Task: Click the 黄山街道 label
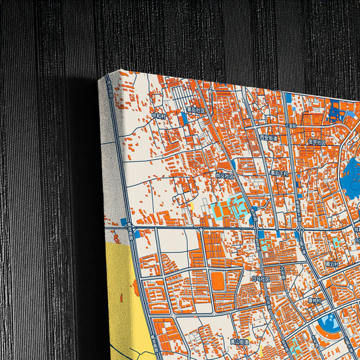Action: tap(237, 342)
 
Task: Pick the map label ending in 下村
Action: tap(279, 173)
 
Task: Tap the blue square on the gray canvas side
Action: tap(124, 222)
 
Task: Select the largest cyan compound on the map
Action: tap(228, 210)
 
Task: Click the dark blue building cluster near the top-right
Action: tap(336, 111)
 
